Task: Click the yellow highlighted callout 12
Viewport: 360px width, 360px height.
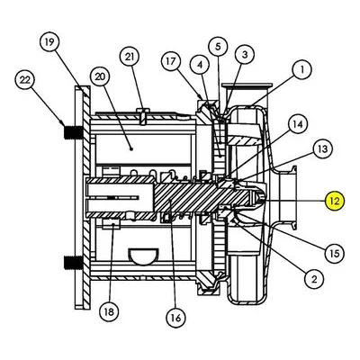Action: [x=335, y=201]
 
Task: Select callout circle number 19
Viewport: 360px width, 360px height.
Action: [x=49, y=41]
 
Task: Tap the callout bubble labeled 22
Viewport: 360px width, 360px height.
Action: [x=25, y=80]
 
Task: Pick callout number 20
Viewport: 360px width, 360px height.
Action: [x=101, y=76]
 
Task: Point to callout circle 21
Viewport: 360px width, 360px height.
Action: [x=130, y=57]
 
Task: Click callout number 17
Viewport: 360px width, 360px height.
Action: [x=171, y=61]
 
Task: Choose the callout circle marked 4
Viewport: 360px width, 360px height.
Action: [x=200, y=65]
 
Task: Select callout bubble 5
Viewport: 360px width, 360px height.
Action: [x=218, y=47]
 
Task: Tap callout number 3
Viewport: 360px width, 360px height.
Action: [x=245, y=54]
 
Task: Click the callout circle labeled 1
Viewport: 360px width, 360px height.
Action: [x=301, y=69]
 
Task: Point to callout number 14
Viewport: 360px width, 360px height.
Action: [x=298, y=124]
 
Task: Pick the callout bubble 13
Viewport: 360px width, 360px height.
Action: [x=322, y=149]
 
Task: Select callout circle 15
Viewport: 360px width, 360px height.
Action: [x=335, y=254]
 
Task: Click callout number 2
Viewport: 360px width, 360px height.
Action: [x=314, y=279]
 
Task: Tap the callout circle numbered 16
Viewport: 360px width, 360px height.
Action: [x=176, y=318]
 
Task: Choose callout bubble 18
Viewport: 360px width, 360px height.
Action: [x=109, y=311]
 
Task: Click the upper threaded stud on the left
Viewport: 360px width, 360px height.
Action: [x=74, y=132]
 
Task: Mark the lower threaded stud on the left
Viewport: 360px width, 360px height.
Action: [x=74, y=262]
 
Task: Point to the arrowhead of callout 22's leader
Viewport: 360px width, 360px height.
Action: [x=63, y=124]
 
